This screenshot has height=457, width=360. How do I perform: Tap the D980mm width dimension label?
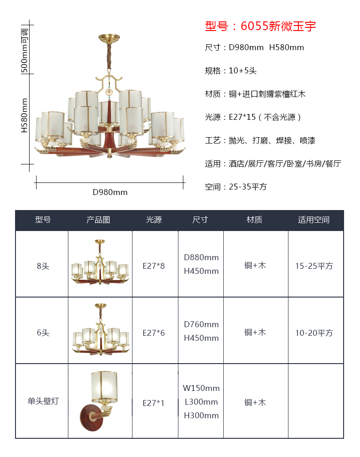(110, 192)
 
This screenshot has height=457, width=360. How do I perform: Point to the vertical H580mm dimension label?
(25, 115)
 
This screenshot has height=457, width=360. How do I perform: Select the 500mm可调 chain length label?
(25, 51)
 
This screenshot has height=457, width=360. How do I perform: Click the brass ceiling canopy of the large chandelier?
(109, 38)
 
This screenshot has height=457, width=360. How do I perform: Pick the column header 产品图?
(98, 220)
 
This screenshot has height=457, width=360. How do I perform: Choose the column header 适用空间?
(314, 220)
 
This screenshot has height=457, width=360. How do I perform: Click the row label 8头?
(43, 266)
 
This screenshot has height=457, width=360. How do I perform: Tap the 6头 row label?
(43, 333)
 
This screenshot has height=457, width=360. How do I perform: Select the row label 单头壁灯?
(43, 401)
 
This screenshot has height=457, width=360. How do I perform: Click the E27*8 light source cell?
(154, 266)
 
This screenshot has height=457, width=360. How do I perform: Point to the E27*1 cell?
(154, 403)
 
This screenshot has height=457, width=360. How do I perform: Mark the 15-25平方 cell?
(314, 266)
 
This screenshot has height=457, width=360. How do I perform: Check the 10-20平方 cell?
(314, 333)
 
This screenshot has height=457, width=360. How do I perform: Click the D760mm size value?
(201, 324)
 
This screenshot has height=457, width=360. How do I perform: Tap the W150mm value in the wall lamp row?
(201, 388)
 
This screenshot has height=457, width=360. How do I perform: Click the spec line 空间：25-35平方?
(236, 186)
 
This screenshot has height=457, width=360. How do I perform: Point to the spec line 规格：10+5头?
(231, 71)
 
